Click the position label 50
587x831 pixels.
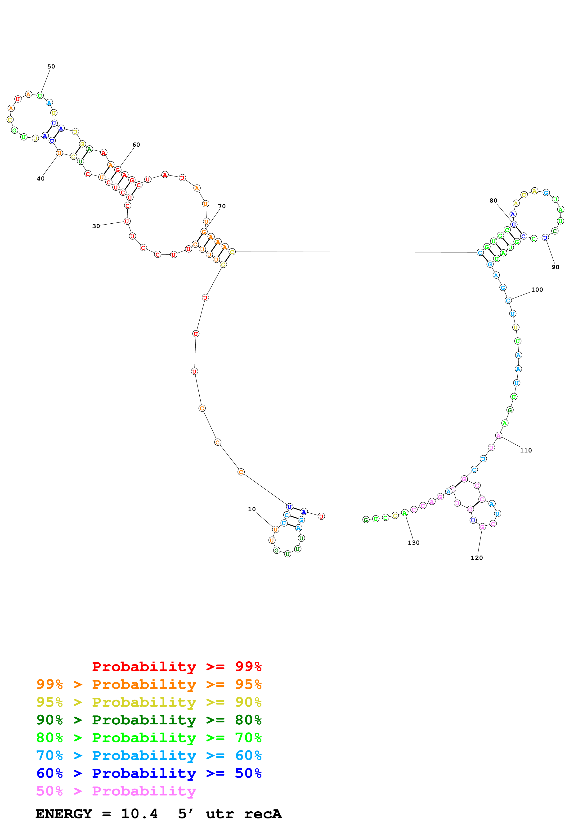click(x=51, y=67)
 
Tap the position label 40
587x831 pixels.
click(x=41, y=178)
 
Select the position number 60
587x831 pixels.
click(x=136, y=145)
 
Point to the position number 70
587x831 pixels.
click(x=222, y=206)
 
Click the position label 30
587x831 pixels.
click(x=96, y=226)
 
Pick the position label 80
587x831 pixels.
click(x=493, y=200)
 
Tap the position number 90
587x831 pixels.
click(x=556, y=267)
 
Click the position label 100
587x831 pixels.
click(x=537, y=289)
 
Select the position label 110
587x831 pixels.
click(x=526, y=450)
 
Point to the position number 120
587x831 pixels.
click(x=477, y=558)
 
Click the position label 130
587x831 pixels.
click(x=414, y=542)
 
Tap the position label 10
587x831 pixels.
click(x=252, y=509)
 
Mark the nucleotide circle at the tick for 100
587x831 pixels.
click(x=508, y=300)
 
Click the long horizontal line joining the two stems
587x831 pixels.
click(x=356, y=252)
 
